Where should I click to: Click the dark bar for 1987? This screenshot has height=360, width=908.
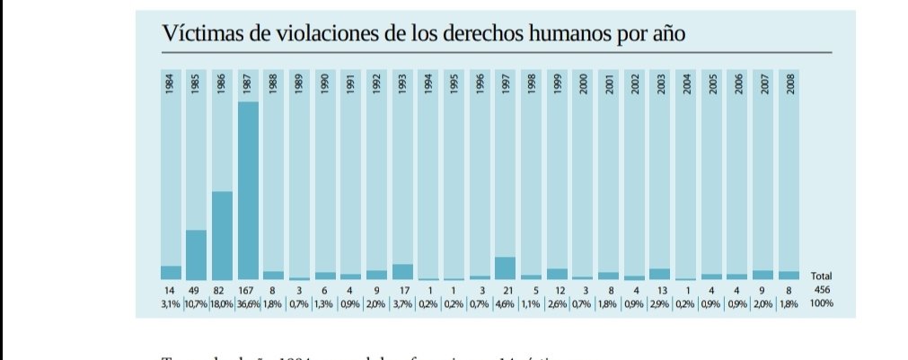coord(248,190)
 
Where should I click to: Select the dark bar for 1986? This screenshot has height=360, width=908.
coord(222,235)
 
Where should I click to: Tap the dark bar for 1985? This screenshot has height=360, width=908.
coord(196,255)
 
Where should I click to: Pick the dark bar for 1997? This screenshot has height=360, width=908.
coord(505,268)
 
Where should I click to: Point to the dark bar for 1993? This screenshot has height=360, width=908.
coord(402,271)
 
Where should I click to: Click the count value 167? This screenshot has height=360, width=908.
coord(248,291)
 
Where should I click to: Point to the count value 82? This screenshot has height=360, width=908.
coord(222,291)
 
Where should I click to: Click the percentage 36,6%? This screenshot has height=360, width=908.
coord(248,303)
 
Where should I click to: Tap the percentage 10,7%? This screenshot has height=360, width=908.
coord(196,303)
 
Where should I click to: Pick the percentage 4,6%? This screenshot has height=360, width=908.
coord(505,303)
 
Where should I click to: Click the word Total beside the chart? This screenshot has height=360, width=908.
coord(822,276)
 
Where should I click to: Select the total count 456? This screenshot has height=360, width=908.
coord(822,291)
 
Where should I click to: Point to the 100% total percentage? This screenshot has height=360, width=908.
coord(822,303)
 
